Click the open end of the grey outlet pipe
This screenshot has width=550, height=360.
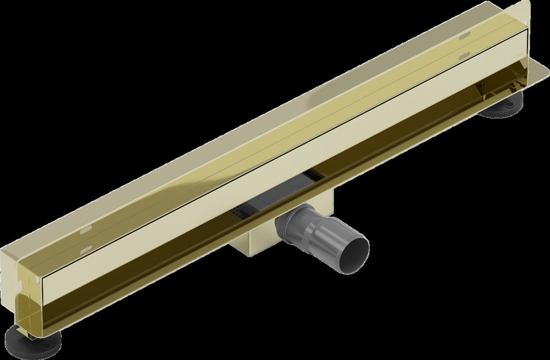[x=355, y=249]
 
